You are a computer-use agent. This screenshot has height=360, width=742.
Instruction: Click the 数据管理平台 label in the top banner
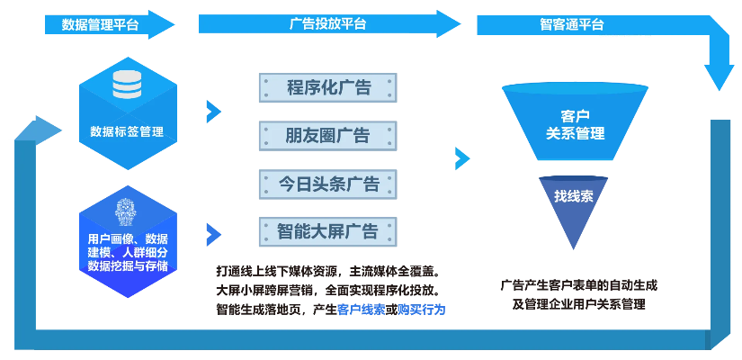100,24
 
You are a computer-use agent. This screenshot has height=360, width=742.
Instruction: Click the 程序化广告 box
327,88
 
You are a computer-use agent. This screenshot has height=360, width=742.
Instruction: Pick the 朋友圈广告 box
327,136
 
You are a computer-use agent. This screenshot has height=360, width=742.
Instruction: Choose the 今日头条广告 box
327,184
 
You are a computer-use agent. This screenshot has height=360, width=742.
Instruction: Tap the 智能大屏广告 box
327,231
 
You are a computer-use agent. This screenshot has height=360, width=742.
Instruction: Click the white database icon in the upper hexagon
127,85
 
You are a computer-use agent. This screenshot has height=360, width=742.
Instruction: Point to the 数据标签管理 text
127,131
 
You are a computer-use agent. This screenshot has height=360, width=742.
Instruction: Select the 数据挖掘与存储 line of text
127,266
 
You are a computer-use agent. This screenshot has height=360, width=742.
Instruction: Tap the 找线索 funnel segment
574,196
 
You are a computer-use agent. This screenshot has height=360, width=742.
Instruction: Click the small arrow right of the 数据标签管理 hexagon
213,112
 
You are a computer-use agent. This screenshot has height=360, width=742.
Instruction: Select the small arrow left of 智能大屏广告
213,234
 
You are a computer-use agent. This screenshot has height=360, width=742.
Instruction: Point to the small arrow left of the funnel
462,159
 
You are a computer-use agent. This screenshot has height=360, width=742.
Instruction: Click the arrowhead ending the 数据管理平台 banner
162,24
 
